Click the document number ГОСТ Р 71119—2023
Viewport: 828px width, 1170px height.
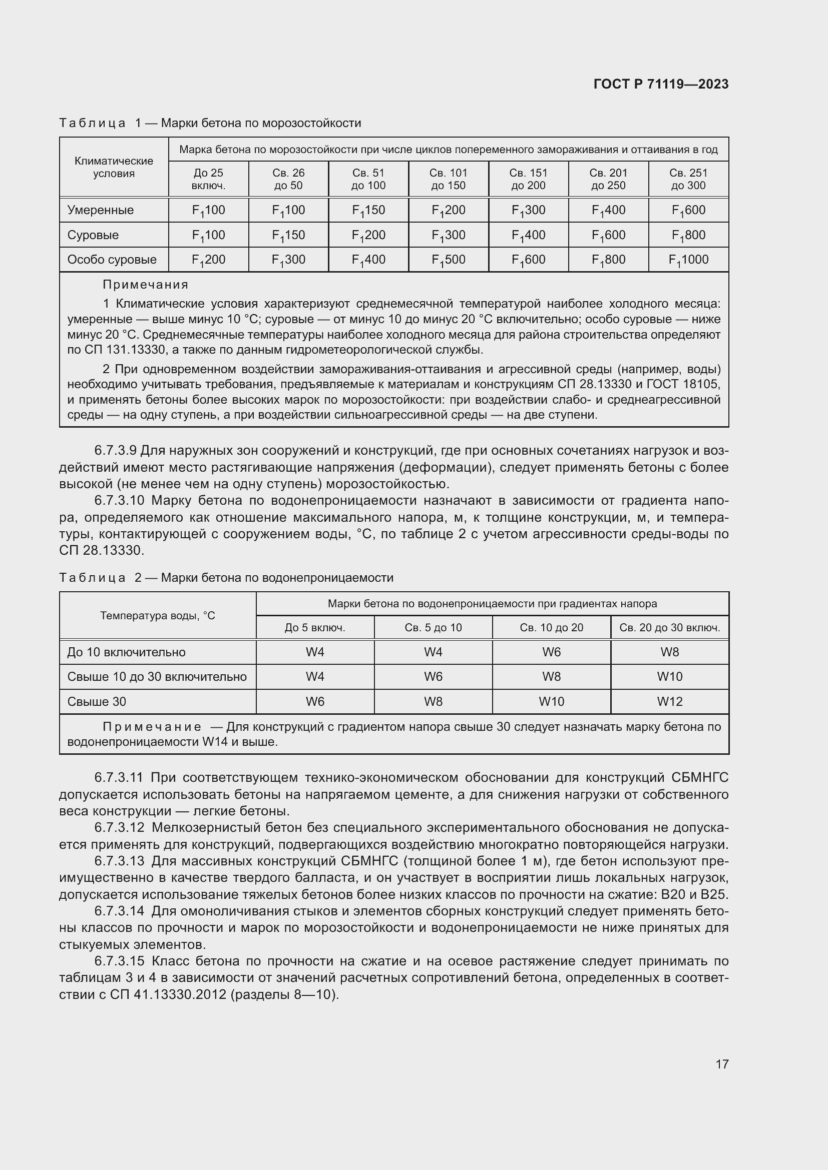click(x=661, y=84)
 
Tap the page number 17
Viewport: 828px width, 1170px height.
click(x=722, y=1064)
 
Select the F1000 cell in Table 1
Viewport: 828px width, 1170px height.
click(x=688, y=260)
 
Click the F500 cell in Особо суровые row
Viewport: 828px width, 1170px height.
click(x=448, y=260)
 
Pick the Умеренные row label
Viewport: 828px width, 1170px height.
click(x=101, y=210)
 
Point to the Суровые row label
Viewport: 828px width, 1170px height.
click(x=93, y=235)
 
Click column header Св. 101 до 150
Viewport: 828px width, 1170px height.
click(x=448, y=179)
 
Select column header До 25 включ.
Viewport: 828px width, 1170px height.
click(x=209, y=179)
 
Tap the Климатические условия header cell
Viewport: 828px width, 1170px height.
click(x=114, y=167)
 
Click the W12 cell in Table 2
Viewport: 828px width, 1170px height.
click(x=669, y=702)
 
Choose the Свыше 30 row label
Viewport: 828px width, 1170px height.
click(x=96, y=702)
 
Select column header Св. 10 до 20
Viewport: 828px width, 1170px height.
click(x=551, y=627)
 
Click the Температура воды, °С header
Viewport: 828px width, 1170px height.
click(x=158, y=616)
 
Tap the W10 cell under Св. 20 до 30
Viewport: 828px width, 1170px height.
click(x=669, y=677)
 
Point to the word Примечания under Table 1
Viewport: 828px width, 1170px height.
click(x=145, y=284)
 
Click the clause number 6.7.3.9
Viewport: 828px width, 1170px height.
click(x=116, y=451)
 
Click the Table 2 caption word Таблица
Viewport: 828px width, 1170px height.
click(x=92, y=578)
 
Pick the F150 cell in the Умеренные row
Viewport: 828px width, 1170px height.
click(x=368, y=210)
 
